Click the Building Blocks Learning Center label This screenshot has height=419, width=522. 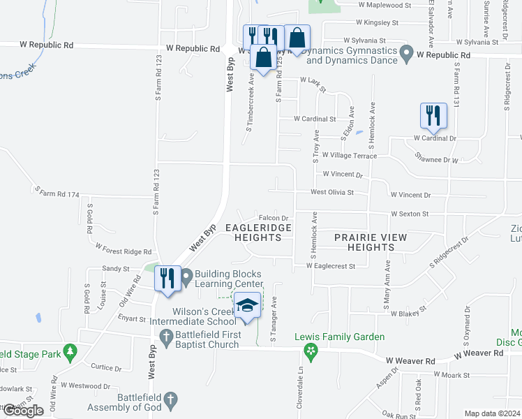229,279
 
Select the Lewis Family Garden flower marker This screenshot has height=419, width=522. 312,349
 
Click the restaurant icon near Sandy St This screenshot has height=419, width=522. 167,278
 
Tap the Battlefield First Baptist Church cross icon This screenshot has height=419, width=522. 166,339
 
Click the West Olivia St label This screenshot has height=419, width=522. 332,192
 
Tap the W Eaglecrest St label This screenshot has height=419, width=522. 331,266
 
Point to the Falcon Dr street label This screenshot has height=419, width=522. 274,219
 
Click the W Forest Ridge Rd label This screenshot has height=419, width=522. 124,250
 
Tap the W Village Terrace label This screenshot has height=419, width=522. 349,156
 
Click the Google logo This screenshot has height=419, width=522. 23,411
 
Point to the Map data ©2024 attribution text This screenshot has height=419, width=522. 493,413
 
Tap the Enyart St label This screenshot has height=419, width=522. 131,319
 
